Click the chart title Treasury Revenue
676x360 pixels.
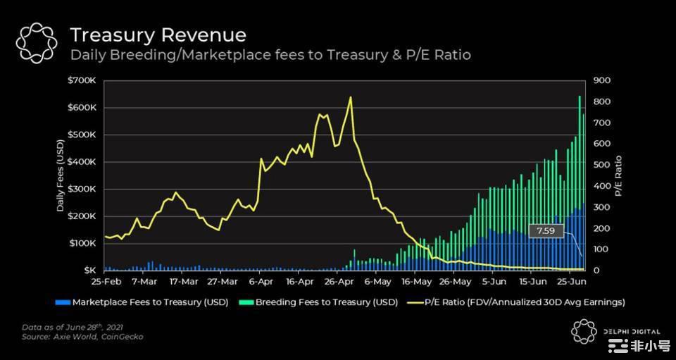point(158,35)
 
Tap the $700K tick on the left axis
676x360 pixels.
point(82,80)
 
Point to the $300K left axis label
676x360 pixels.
point(82,189)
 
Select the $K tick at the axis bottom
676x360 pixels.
point(89,271)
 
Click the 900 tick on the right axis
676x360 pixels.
point(603,80)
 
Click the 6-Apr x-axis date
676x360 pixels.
point(261,282)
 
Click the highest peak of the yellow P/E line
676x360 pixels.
point(350,97)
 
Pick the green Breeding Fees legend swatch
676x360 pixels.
point(246,302)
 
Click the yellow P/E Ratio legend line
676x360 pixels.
point(411,302)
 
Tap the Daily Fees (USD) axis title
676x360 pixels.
point(61,175)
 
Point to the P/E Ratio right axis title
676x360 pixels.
point(619,175)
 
